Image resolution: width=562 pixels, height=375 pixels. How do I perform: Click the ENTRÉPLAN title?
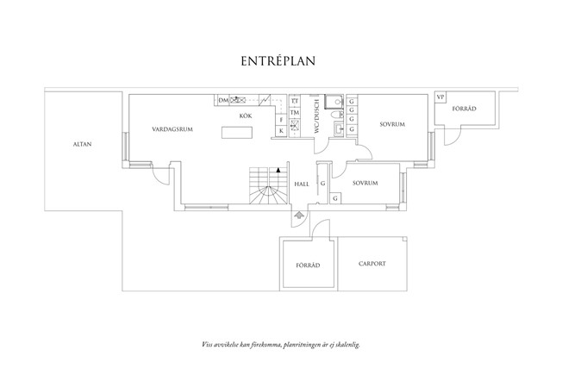pos(278,61)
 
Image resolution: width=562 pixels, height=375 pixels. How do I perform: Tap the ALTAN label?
pos(83,144)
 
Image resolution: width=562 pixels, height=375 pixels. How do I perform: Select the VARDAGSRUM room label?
pos(172,129)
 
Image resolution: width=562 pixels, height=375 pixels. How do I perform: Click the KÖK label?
pos(246,116)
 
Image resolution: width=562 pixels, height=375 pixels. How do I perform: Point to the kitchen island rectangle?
pos(237,132)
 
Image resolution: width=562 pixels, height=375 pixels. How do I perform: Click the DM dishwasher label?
pos(223,100)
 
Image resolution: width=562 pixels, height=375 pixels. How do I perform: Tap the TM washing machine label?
pos(295,113)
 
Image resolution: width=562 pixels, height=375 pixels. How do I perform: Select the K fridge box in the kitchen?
pos(281,131)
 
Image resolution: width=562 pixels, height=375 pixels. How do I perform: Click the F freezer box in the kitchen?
pos(281,120)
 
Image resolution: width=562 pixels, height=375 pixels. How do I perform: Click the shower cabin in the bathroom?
pos(334,102)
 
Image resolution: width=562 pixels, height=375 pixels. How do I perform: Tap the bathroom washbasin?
pos(339,128)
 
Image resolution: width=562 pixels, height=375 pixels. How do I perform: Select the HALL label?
pos(302,184)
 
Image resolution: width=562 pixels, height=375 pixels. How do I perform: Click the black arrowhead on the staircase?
pos(278,170)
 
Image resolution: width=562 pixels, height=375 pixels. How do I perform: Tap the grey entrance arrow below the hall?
pos(299,216)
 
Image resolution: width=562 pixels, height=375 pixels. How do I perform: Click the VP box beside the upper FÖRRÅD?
pos(440,97)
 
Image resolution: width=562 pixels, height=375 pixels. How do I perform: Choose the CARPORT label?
pos(372,264)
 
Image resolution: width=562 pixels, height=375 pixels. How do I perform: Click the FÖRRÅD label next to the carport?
pos(308,266)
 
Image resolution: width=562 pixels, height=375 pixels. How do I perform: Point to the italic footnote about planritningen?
pos(281,345)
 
